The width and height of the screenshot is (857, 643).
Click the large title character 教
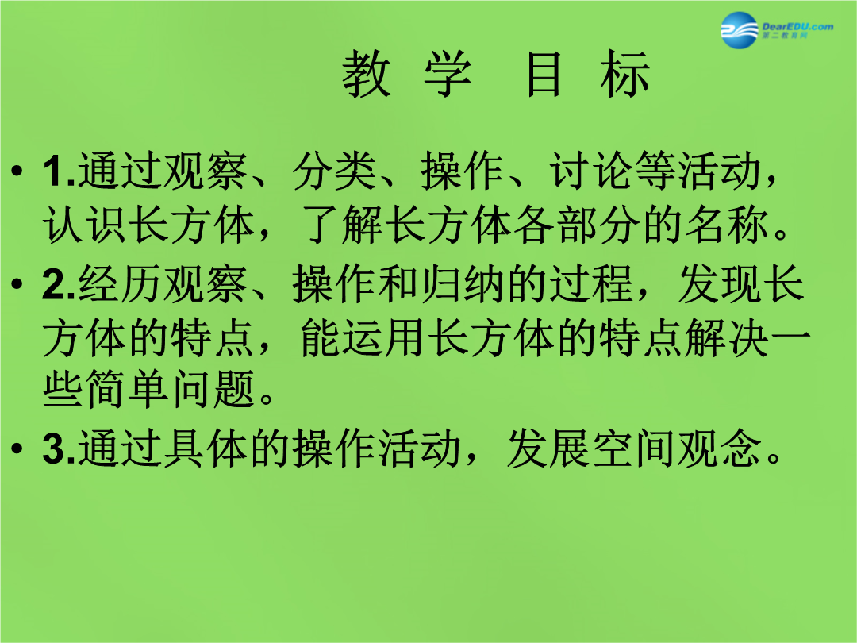pyautogui.click(x=367, y=74)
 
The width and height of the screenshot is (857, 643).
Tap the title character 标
pyautogui.click(x=624, y=74)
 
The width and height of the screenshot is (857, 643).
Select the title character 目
pyautogui.click(x=544, y=74)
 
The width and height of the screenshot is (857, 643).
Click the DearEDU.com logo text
pyautogui.click(x=797, y=26)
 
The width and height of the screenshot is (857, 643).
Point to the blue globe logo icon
pyautogui.click(x=740, y=30)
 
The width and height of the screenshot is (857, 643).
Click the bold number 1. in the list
pyautogui.click(x=60, y=171)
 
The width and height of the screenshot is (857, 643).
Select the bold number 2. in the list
pyautogui.click(x=60, y=284)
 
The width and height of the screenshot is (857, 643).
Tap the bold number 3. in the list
pyautogui.click(x=60, y=449)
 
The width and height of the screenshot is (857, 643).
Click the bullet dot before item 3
pyautogui.click(x=17, y=449)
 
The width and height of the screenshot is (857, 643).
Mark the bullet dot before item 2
pyautogui.click(x=17, y=284)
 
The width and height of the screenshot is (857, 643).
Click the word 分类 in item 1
pyautogui.click(x=335, y=171)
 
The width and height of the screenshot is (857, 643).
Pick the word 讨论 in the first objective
pyautogui.click(x=592, y=171)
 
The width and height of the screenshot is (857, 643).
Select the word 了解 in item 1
pyautogui.click(x=343, y=225)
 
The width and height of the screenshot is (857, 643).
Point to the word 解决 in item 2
pyautogui.click(x=728, y=337)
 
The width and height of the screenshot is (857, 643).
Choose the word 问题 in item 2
pyautogui.click(x=214, y=389)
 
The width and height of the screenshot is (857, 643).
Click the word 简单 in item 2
pyautogui.click(x=129, y=389)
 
